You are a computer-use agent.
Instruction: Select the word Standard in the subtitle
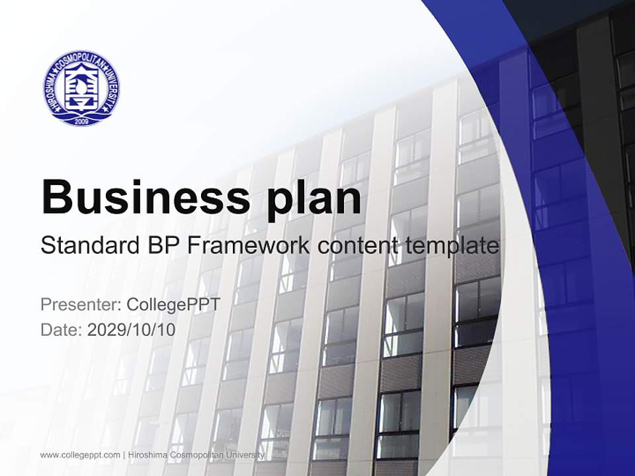tap(87, 246)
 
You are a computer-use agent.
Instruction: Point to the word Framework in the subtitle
tap(249, 246)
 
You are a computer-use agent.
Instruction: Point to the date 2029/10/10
tap(132, 329)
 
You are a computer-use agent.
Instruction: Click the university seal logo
tap(82, 89)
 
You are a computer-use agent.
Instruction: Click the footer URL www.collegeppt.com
tap(79, 455)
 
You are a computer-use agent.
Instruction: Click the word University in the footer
tap(245, 455)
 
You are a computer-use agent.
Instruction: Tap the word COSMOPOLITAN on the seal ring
tap(82, 58)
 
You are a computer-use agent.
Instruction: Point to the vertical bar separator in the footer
tap(124, 455)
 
